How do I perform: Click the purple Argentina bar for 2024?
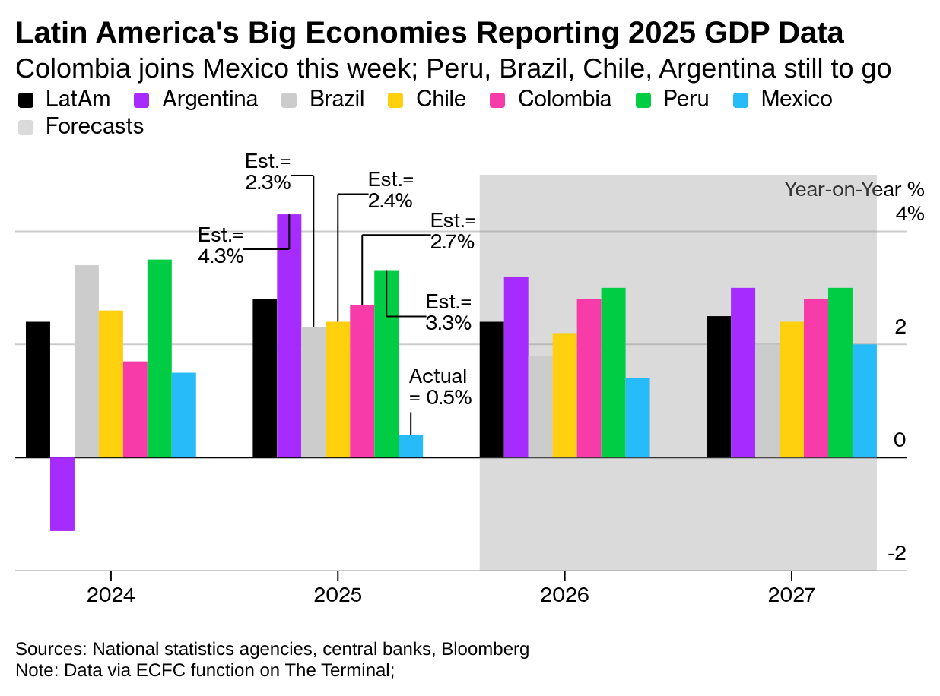click(x=62, y=494)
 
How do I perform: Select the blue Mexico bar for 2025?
click(x=411, y=446)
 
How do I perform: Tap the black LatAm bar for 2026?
click(x=491, y=389)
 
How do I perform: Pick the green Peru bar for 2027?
click(x=840, y=372)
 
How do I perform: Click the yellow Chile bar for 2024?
click(x=111, y=384)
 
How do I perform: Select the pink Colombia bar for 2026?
click(x=589, y=378)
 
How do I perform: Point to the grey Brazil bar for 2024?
click(x=87, y=361)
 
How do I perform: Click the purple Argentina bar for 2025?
click(x=289, y=335)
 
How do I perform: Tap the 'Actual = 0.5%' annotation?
click(x=440, y=387)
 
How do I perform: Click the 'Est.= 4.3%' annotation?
click(x=221, y=245)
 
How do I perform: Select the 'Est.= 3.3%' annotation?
click(x=448, y=312)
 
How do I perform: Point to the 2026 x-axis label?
click(x=564, y=594)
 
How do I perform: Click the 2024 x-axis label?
click(x=111, y=594)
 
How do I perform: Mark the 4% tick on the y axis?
click(x=910, y=214)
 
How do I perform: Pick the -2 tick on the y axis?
click(x=897, y=553)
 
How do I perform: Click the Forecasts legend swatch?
click(x=26, y=127)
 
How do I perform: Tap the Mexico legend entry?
click(x=796, y=99)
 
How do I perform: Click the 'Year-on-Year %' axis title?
click(x=854, y=189)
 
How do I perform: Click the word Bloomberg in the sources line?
click(x=485, y=649)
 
